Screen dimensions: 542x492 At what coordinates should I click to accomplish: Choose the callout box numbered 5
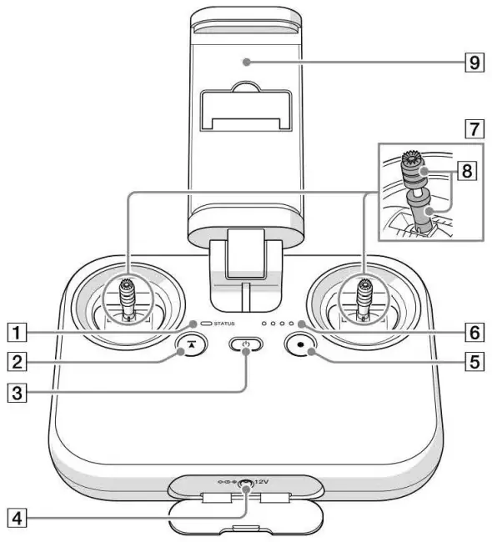pyautogui.click(x=474, y=362)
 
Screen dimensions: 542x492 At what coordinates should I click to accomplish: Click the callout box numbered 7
pyautogui.click(x=474, y=129)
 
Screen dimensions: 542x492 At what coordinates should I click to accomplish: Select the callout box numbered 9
pyautogui.click(x=474, y=62)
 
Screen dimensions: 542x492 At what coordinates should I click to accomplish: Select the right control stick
pyautogui.click(x=364, y=300)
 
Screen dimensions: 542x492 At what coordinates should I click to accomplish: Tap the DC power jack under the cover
pyautogui.click(x=246, y=484)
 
